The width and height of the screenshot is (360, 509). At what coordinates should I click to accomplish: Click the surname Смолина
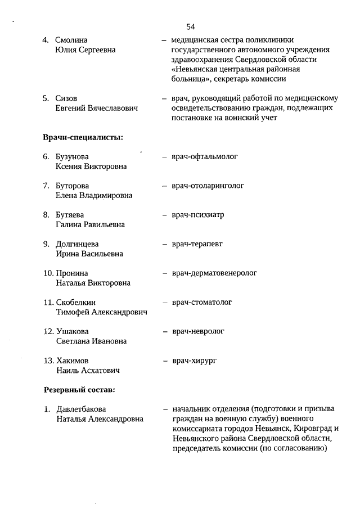pos(71,40)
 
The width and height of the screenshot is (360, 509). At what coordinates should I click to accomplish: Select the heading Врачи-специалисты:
pos(83,137)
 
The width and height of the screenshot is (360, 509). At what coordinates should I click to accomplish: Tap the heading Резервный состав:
pos(79,389)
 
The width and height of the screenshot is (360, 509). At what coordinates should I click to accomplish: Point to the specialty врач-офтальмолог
pos(205,156)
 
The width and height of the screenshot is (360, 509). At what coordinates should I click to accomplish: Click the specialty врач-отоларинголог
pos(208,186)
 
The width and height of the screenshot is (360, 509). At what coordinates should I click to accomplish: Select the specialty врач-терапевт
pos(197,244)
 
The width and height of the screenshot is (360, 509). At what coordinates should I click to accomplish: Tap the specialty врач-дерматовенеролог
pos(214,273)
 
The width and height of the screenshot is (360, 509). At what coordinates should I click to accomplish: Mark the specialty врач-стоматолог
pos(202,303)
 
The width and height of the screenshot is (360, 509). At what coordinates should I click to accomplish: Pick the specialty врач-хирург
pos(194,360)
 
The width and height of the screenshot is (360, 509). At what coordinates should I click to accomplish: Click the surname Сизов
pos(66,98)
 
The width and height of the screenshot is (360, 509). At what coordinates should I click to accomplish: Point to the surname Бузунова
pos(73,156)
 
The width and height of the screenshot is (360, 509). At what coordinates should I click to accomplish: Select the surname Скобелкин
pos(76,303)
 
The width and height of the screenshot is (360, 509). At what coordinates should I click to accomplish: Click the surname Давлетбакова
pos(81,409)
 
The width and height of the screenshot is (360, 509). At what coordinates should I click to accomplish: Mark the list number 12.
pos(48,331)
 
